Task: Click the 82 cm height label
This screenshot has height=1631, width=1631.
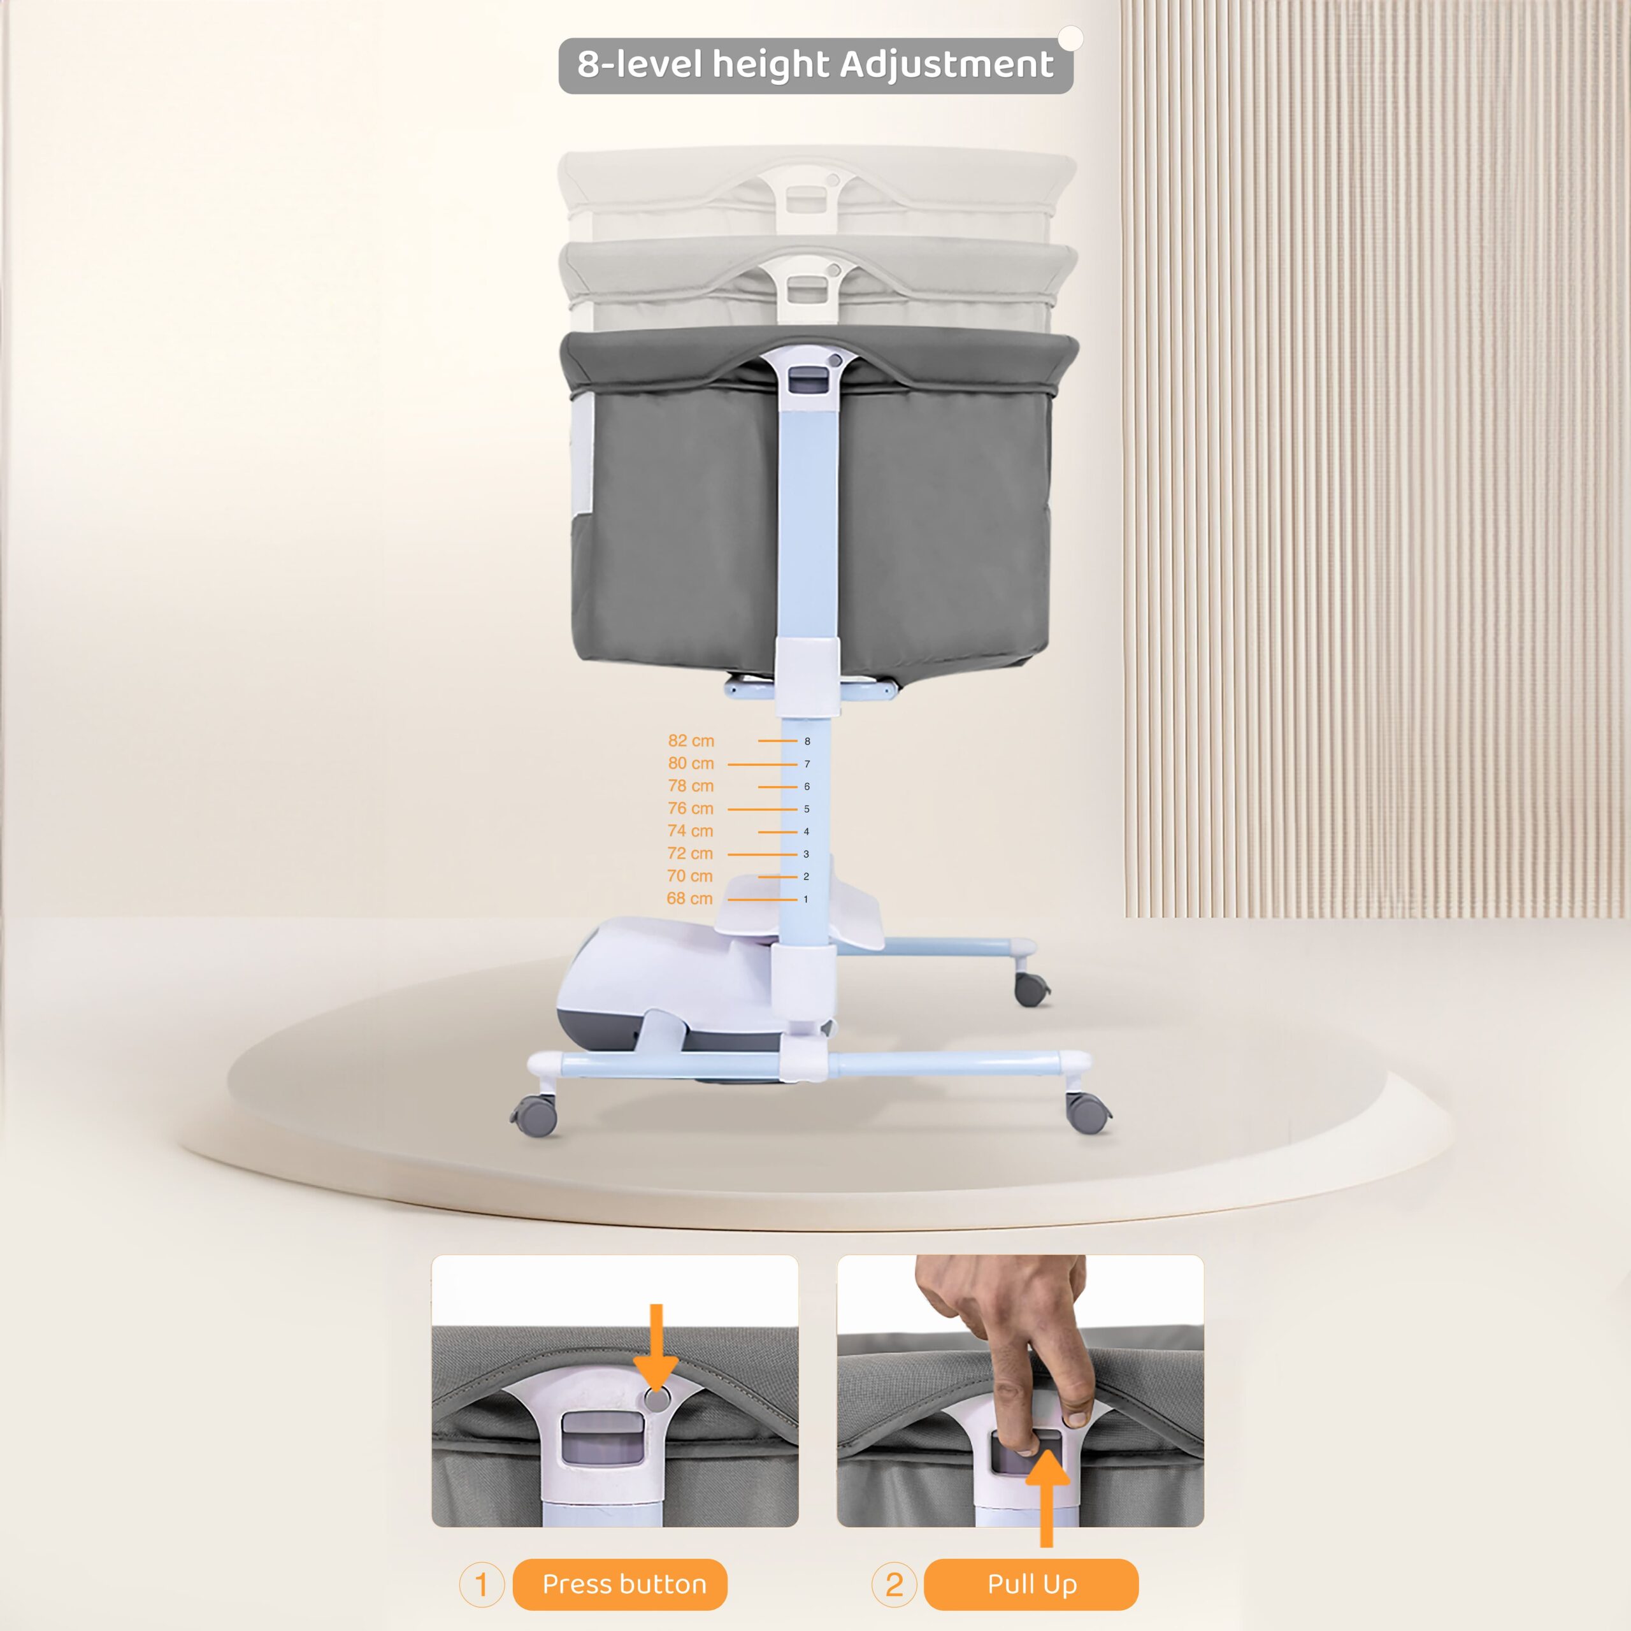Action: pyautogui.click(x=691, y=740)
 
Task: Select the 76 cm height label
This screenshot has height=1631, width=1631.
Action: pyautogui.click(x=690, y=808)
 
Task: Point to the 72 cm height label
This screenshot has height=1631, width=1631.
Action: pyautogui.click(x=690, y=854)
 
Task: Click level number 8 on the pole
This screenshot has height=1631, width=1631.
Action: pyautogui.click(x=807, y=741)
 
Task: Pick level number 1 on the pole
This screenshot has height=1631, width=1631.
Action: pyautogui.click(x=805, y=899)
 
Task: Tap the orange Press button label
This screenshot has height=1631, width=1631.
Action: pyautogui.click(x=624, y=1584)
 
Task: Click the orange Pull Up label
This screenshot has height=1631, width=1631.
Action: pyautogui.click(x=1031, y=1584)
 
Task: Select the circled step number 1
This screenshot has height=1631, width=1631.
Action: pyautogui.click(x=481, y=1584)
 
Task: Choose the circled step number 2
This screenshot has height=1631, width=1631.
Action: pyautogui.click(x=894, y=1584)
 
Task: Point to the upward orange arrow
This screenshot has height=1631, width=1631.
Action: pyautogui.click(x=1047, y=1498)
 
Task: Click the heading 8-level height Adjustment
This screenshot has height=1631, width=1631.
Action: pyautogui.click(x=815, y=65)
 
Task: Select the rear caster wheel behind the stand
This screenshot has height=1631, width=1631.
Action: pyautogui.click(x=1031, y=988)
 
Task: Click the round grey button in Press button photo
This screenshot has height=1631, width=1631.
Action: pyautogui.click(x=656, y=1400)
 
